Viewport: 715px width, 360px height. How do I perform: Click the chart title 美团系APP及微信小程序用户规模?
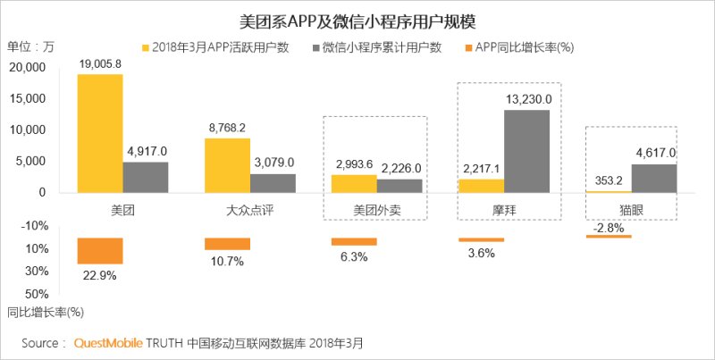(357, 20)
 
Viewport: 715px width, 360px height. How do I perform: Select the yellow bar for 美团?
(99, 133)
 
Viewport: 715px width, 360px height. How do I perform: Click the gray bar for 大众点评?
(273, 182)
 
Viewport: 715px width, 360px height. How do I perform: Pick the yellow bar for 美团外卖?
(353, 183)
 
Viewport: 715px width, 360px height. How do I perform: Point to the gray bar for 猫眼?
(653, 178)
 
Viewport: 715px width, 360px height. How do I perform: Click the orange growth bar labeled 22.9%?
(99, 251)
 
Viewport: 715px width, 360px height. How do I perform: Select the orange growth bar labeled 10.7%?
(227, 244)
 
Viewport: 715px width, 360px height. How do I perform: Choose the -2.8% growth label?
(609, 228)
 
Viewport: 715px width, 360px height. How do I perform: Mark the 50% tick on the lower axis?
(36, 293)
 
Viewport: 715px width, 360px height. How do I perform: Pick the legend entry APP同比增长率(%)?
(511, 46)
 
